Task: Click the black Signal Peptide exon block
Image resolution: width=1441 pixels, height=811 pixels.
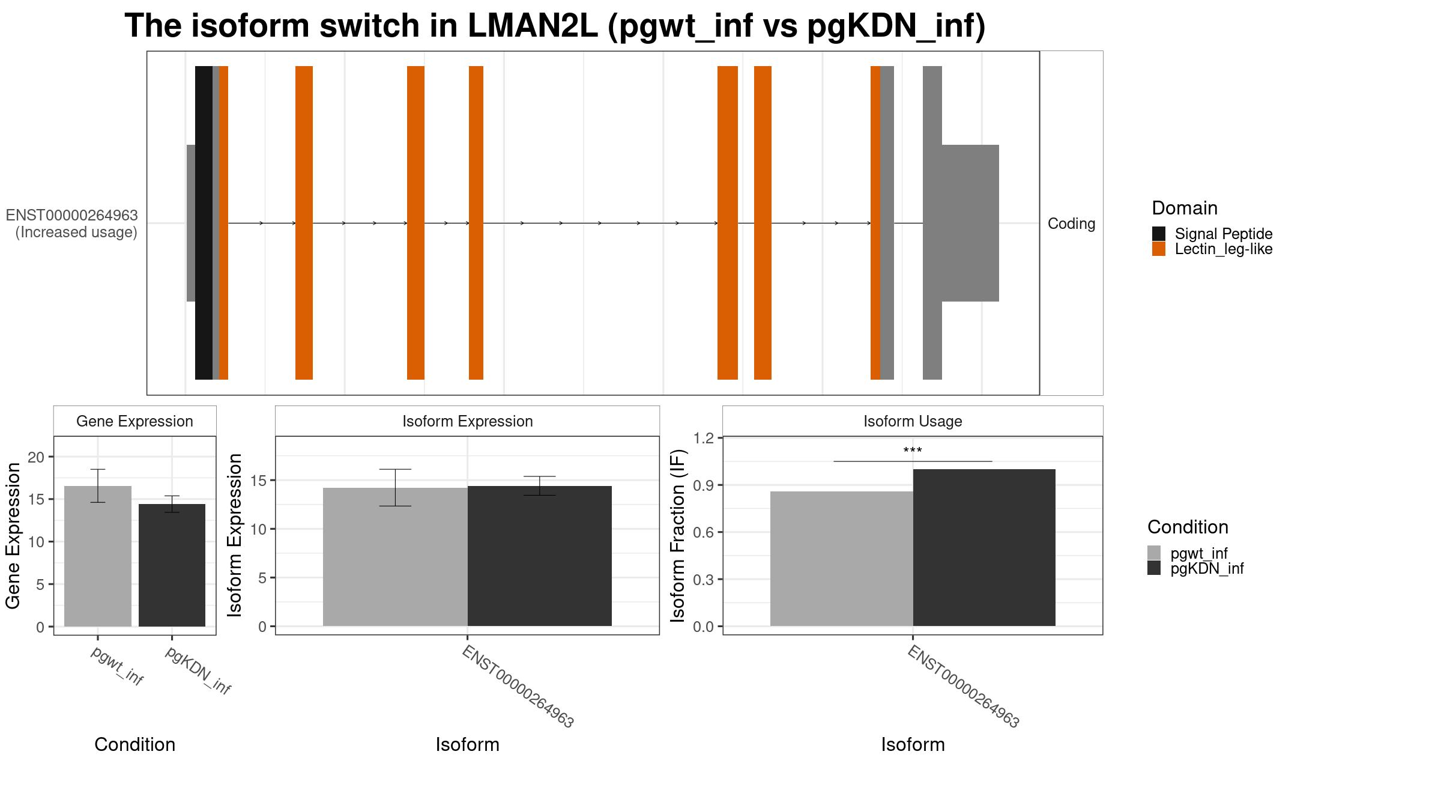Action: [x=204, y=222]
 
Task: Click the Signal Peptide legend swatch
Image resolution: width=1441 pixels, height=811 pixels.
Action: [x=1158, y=234]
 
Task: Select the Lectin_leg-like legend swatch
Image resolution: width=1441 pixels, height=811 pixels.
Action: [x=1158, y=249]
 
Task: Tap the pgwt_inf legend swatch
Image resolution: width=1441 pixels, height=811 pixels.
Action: [x=1153, y=553]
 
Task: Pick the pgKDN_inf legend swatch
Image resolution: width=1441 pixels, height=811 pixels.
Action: [x=1153, y=568]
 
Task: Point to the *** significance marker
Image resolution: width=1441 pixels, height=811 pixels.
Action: [x=912, y=451]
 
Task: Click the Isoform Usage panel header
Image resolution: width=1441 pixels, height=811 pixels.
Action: [x=912, y=421]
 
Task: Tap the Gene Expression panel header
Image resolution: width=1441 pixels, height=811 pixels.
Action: [x=134, y=421]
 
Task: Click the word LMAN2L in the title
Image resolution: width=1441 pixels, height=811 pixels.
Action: [x=532, y=26]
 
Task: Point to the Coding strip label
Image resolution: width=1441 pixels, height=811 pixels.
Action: [x=1071, y=223]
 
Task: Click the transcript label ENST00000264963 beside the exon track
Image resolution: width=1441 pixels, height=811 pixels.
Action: [x=72, y=216]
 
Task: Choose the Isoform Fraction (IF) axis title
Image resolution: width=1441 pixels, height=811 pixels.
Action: [x=678, y=535]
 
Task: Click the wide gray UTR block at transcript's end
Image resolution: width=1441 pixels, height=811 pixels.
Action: [x=970, y=223]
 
